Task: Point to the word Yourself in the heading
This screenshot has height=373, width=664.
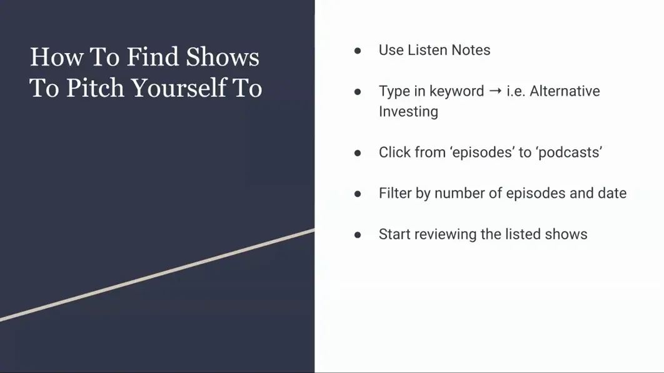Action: pyautogui.click(x=178, y=88)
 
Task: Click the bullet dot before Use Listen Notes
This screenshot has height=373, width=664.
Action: pyautogui.click(x=358, y=51)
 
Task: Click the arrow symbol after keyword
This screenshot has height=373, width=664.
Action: pyautogui.click(x=495, y=91)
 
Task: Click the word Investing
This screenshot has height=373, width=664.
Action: pyautogui.click(x=408, y=112)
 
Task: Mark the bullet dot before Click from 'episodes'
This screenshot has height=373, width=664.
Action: pyautogui.click(x=358, y=153)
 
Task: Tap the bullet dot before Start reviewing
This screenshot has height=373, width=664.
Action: pyautogui.click(x=358, y=235)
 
